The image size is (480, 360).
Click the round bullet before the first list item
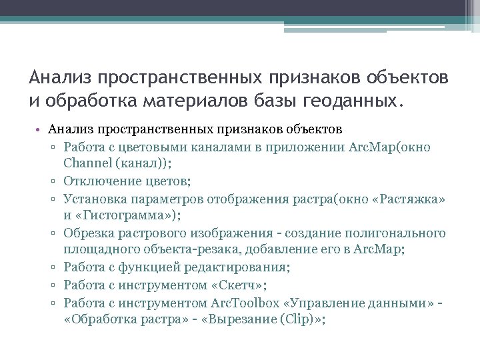pyautogui.click(x=41, y=129)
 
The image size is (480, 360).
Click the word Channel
pyautogui.click(x=87, y=163)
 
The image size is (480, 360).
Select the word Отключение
pyautogui.click(x=96, y=181)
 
